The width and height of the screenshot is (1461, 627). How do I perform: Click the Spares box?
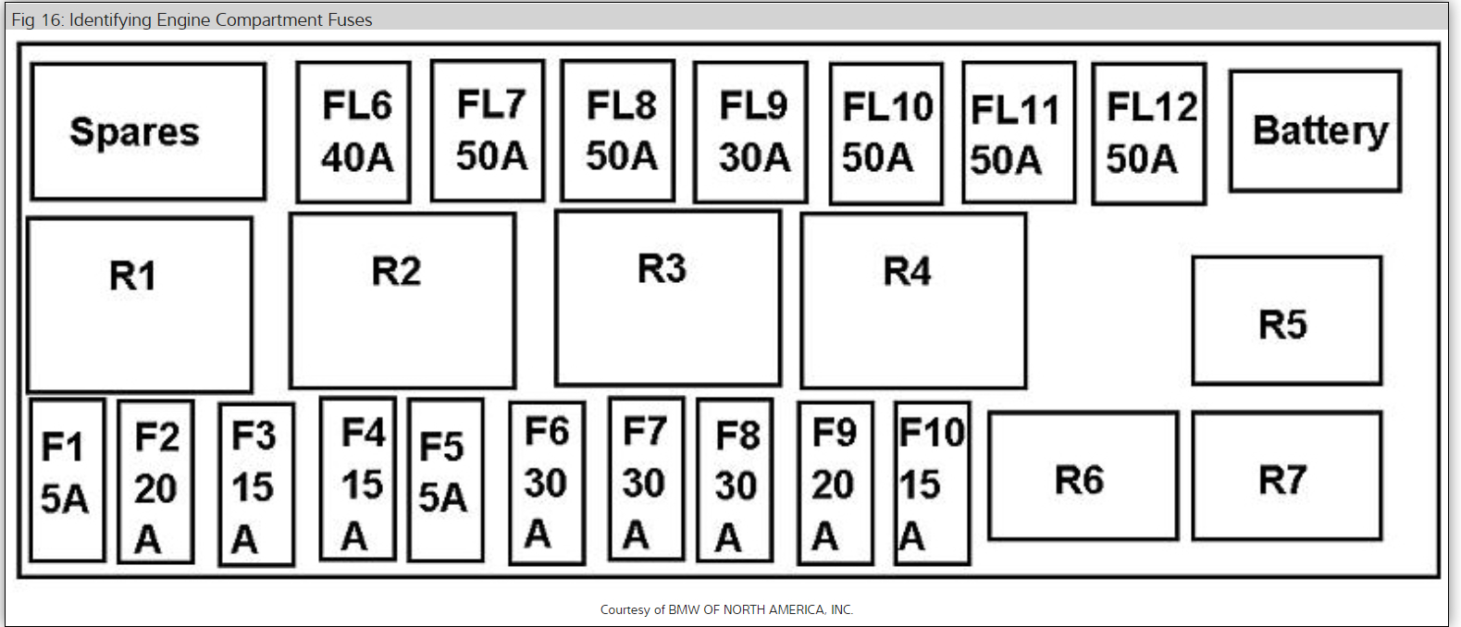(148, 131)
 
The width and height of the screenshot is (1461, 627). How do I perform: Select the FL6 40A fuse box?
(353, 131)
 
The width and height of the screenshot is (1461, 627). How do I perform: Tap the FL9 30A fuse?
(750, 131)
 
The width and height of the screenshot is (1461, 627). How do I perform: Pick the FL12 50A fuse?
(1149, 132)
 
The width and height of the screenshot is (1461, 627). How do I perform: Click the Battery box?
(1315, 130)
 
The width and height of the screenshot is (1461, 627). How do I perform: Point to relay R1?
(140, 304)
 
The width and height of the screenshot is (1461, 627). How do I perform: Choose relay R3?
(667, 298)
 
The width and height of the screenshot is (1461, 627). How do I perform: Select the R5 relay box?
(1286, 321)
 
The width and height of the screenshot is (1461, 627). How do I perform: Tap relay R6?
(1083, 476)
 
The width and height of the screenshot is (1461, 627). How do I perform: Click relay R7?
(1286, 476)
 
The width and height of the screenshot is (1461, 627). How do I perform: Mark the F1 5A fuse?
(67, 480)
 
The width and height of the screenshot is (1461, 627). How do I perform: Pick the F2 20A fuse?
(155, 482)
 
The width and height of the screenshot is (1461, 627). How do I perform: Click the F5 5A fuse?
(445, 480)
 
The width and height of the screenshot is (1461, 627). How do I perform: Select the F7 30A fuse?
(646, 479)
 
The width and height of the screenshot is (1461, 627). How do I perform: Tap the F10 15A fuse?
(932, 483)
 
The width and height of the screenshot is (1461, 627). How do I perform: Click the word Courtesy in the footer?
(625, 609)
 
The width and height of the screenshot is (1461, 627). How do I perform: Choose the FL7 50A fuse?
(488, 130)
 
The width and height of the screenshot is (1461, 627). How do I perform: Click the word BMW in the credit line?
(684, 609)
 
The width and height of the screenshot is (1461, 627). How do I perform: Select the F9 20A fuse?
(835, 483)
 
